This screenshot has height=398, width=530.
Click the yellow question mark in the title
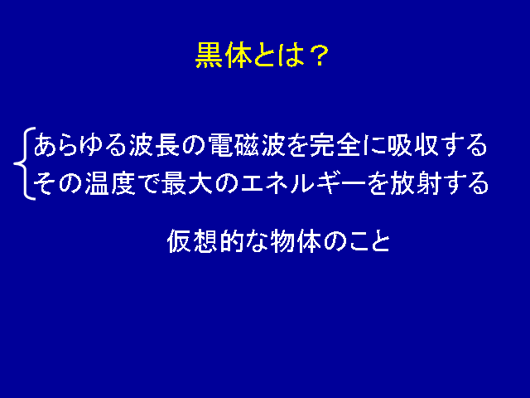coord(320,56)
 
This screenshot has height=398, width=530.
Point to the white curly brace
coord(24,163)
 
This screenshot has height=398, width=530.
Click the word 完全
coord(335,145)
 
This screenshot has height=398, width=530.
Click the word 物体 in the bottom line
coord(296,241)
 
